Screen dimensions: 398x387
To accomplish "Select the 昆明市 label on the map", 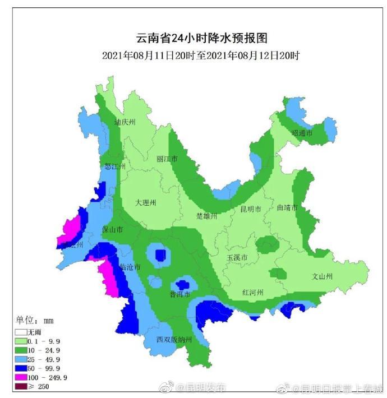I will click(x=251, y=209).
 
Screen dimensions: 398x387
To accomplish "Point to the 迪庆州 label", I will click(x=125, y=122).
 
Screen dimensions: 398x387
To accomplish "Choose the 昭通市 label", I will click(x=302, y=133).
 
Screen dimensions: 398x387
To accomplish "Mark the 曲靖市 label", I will click(x=288, y=207).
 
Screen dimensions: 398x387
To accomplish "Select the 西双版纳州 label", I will click(x=174, y=340).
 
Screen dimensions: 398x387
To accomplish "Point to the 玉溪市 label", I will click(x=237, y=257).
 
